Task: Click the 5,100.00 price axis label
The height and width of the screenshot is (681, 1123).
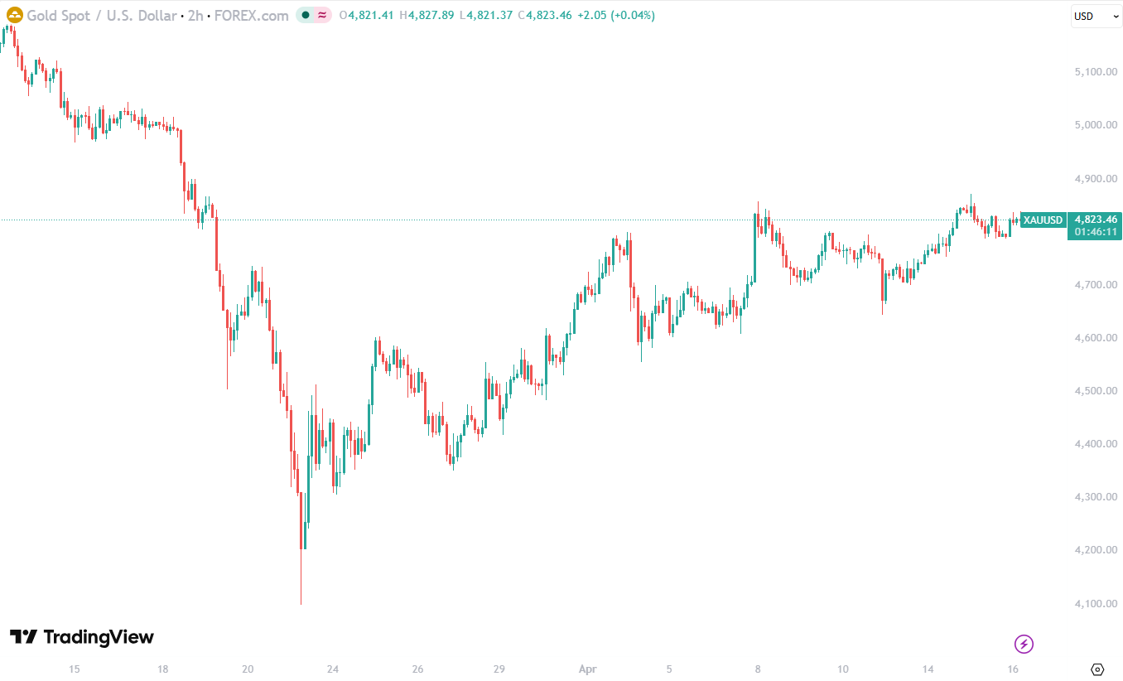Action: coord(1095,72)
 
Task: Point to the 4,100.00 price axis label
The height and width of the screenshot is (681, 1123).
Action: coord(1095,603)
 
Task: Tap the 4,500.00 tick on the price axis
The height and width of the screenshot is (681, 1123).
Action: coord(1095,390)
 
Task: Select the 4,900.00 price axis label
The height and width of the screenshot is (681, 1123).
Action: coord(1095,178)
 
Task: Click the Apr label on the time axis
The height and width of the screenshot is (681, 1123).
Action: coord(588,669)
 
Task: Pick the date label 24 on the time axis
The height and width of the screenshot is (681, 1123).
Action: coord(333,669)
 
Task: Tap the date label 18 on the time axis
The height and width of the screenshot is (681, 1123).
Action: coord(163,669)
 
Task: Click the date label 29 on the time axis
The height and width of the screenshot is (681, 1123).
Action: coord(499,669)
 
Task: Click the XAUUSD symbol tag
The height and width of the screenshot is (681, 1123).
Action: coord(1043,220)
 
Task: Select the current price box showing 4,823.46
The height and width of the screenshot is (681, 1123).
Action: coord(1096,220)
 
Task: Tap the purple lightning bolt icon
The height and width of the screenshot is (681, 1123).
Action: coord(1024,644)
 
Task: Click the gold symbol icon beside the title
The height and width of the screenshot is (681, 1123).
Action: coord(15,15)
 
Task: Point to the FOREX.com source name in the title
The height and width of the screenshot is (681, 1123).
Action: coord(252,16)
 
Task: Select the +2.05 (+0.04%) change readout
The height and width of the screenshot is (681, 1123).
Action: coord(615,16)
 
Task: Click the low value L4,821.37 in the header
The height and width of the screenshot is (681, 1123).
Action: coord(489,16)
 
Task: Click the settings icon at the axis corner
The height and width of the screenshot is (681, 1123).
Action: coord(1098,669)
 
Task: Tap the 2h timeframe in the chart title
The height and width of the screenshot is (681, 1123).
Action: coord(195,16)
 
